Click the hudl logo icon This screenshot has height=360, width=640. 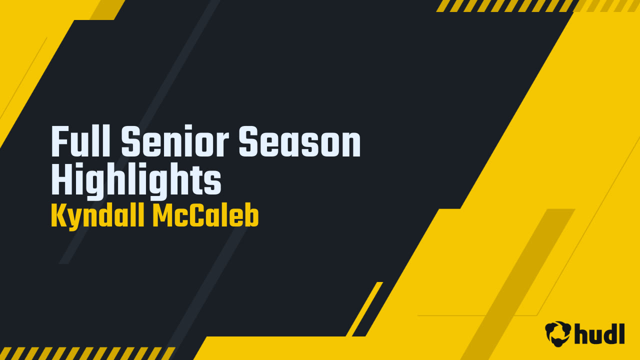(x=558, y=333)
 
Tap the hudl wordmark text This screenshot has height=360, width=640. (x=600, y=333)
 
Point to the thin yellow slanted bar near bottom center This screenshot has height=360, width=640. (x=364, y=309)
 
